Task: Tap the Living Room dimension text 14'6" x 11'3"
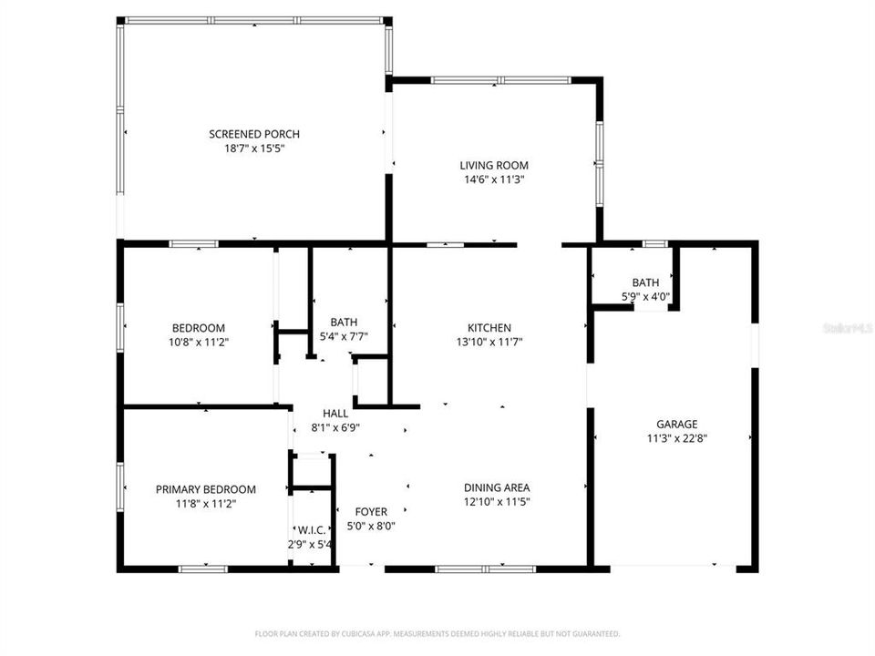(x=493, y=179)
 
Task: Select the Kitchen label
(x=489, y=328)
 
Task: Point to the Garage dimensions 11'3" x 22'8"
(x=677, y=437)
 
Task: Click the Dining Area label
(x=497, y=487)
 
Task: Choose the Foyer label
(x=371, y=512)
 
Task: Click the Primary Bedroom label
(x=205, y=489)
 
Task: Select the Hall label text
(x=323, y=413)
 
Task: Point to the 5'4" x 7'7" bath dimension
(x=344, y=336)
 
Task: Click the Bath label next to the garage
(x=645, y=282)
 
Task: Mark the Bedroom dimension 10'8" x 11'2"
(x=199, y=343)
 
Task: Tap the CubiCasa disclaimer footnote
(x=437, y=633)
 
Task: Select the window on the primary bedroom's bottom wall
(x=202, y=569)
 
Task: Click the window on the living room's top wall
(x=500, y=80)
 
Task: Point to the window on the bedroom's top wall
(x=193, y=244)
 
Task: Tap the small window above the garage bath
(x=654, y=244)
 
